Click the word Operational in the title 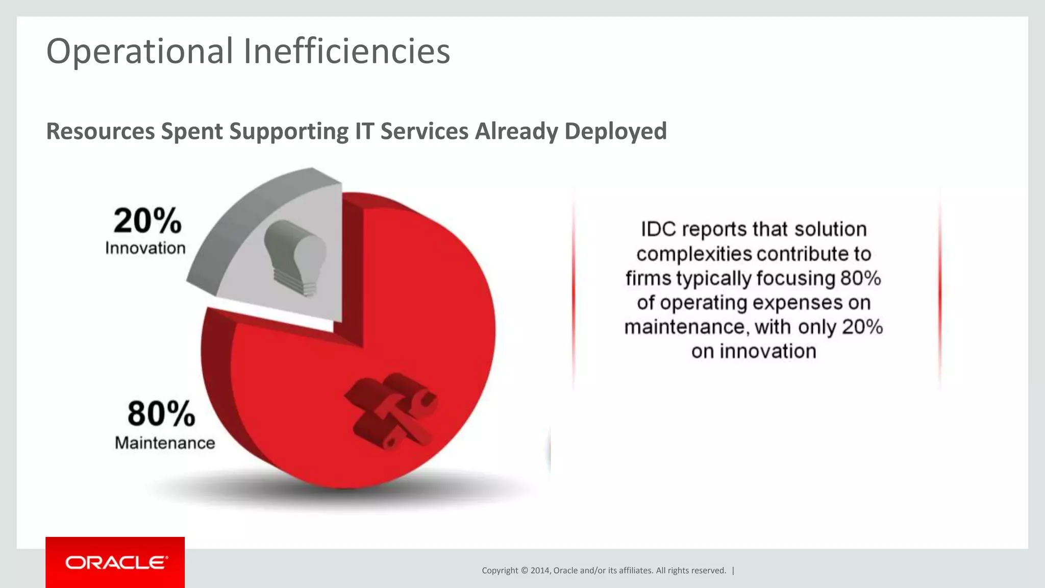(x=139, y=52)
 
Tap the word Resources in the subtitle (x=100, y=131)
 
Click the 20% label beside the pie (x=147, y=221)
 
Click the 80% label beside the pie (x=161, y=413)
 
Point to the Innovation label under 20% (x=145, y=249)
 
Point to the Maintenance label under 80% (x=165, y=443)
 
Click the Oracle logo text (x=116, y=562)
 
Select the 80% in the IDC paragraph (x=861, y=279)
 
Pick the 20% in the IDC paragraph (x=862, y=327)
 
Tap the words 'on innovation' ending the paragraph (x=754, y=352)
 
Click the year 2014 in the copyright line (x=540, y=571)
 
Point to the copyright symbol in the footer (x=524, y=571)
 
